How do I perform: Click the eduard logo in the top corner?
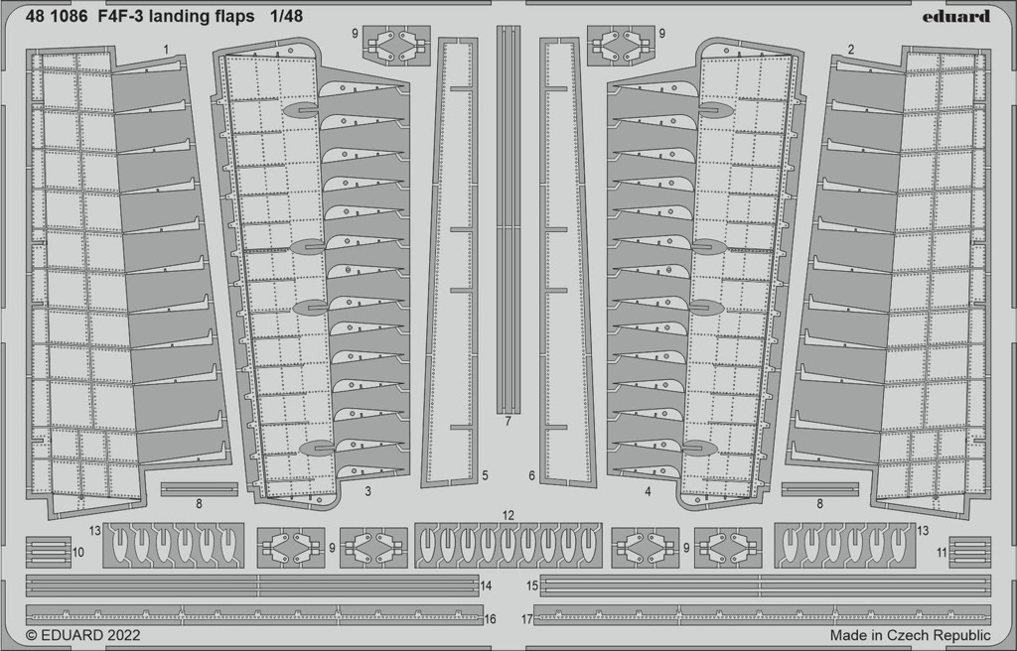[956, 16]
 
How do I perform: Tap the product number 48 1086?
[57, 17]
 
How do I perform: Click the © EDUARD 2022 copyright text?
[83, 635]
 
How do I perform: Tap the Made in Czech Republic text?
[910, 635]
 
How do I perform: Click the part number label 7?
[508, 422]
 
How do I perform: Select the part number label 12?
[508, 515]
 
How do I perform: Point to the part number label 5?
[485, 475]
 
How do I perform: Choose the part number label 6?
[532, 475]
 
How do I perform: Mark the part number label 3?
[367, 491]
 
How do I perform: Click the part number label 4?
[648, 491]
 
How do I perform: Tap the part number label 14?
[487, 586]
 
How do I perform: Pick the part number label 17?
[526, 619]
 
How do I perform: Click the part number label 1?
[166, 50]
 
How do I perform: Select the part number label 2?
[851, 50]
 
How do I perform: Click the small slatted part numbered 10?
[49, 552]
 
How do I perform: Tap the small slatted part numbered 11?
[969, 552]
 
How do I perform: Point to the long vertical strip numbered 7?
[508, 219]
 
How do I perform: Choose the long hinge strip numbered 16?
[254, 614]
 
